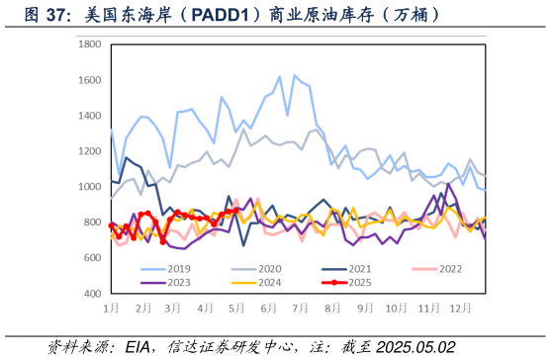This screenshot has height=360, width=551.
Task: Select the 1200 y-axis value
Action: click(x=89, y=151)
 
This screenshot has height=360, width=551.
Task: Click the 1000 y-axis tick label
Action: click(x=89, y=187)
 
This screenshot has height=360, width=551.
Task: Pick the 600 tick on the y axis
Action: click(x=91, y=258)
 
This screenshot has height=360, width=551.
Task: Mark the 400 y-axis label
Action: click(x=91, y=294)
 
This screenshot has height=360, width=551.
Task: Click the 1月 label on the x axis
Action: click(x=112, y=309)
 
